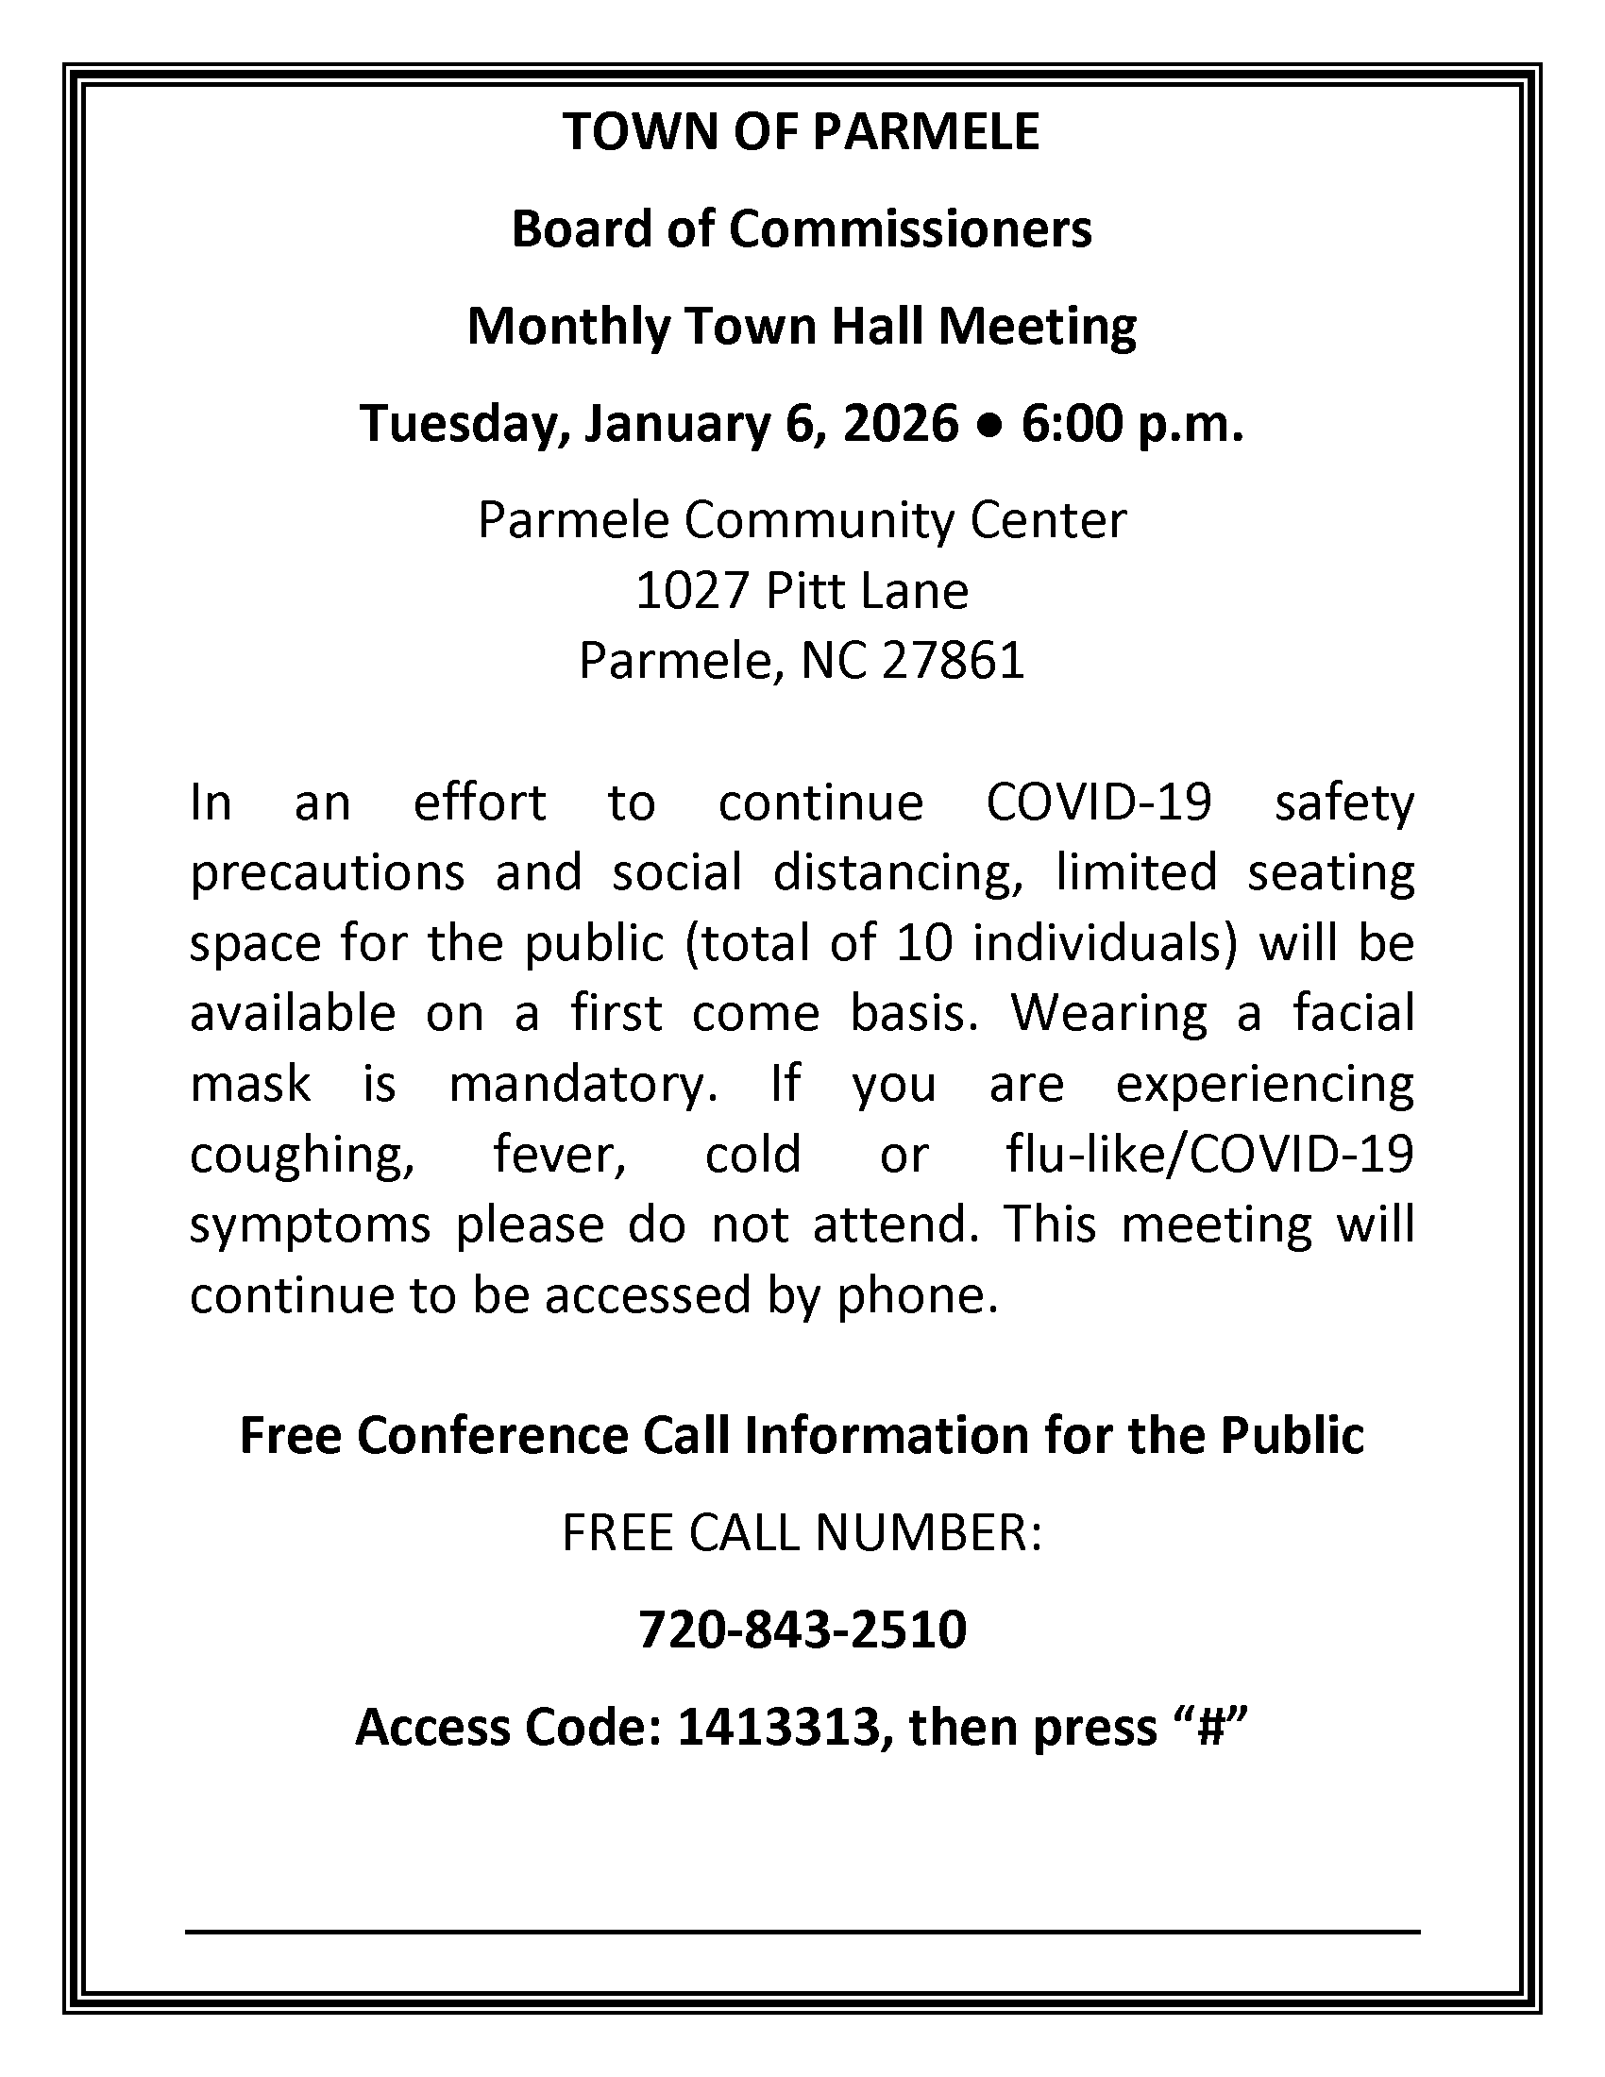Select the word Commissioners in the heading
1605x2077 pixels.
tap(910, 229)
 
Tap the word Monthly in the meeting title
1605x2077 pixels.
tap(567, 327)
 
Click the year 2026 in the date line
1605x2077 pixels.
tap(901, 423)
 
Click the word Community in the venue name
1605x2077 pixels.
tap(806, 520)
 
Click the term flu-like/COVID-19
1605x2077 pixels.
tap(1209, 1155)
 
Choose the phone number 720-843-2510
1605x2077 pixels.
tap(802, 1630)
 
